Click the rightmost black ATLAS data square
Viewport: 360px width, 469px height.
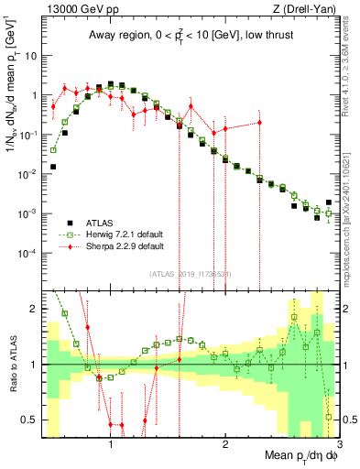(329, 202)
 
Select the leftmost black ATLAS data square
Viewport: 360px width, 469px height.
(54, 167)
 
